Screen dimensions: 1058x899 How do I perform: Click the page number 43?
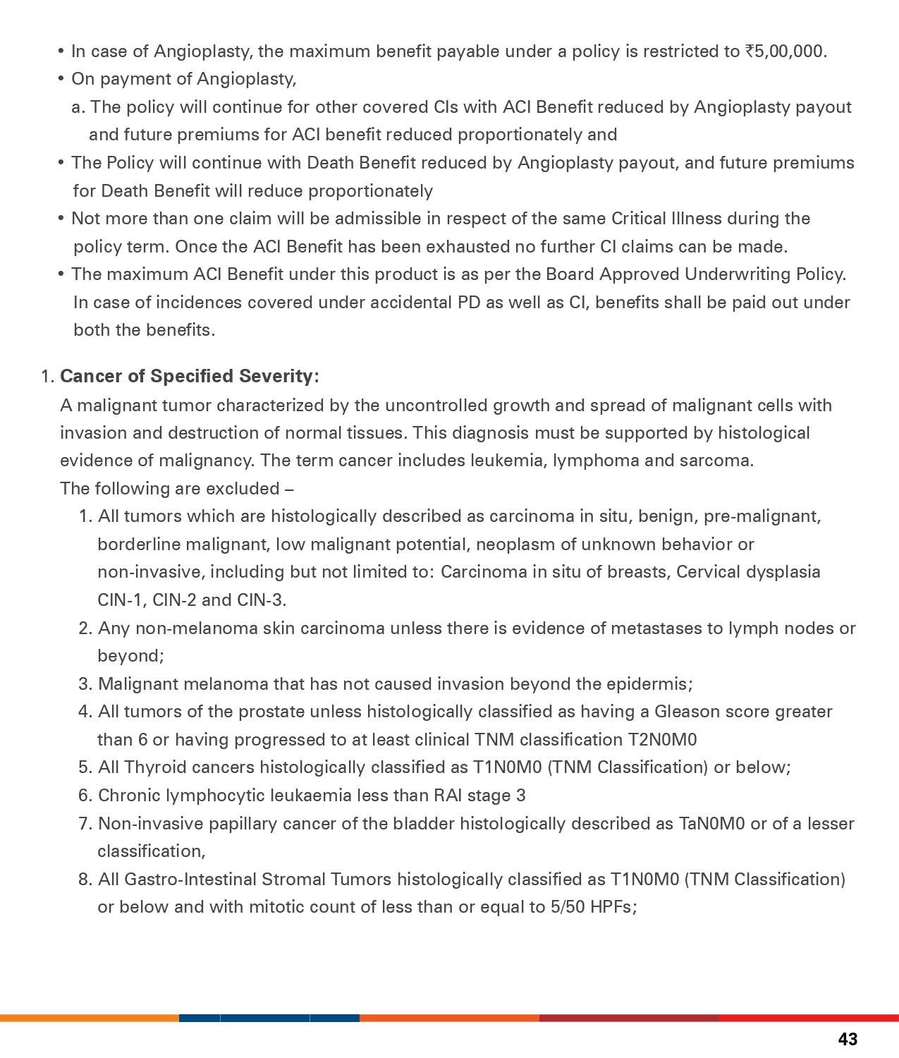click(x=848, y=1039)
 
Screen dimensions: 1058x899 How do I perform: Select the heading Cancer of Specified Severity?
click(x=189, y=376)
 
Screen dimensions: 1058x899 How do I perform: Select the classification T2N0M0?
click(x=662, y=740)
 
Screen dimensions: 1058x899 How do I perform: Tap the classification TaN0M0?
click(x=711, y=824)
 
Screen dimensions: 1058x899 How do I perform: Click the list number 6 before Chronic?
click(x=85, y=796)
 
